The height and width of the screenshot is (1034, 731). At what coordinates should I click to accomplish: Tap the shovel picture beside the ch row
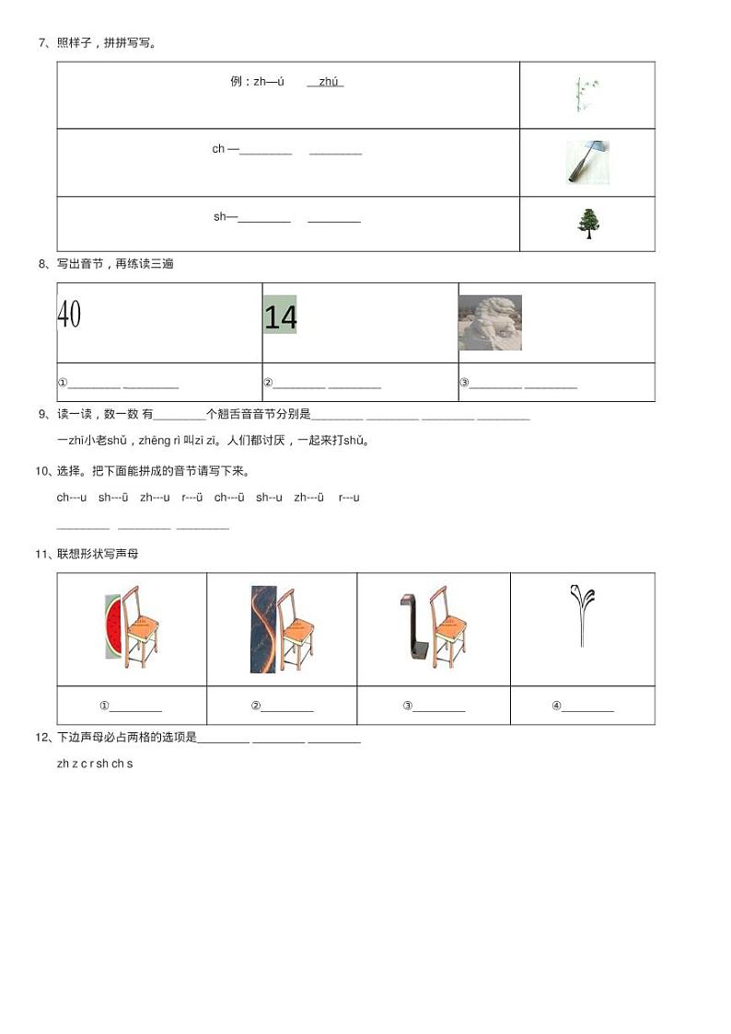586,162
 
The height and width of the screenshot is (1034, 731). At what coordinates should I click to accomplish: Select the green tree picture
586,224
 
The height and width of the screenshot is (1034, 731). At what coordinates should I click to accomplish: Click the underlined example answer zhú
329,82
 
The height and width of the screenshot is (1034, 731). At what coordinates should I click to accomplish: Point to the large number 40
69,315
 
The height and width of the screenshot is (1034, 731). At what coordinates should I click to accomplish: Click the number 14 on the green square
280,316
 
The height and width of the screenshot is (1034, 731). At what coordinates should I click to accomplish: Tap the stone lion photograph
490,323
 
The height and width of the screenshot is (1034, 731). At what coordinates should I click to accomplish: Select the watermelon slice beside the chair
112,626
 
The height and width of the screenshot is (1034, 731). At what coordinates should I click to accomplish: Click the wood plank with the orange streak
263,629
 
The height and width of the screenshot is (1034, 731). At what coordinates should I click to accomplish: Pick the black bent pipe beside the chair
412,626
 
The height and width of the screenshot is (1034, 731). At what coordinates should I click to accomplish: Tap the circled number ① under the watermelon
104,707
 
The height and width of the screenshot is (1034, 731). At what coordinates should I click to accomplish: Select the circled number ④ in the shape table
556,707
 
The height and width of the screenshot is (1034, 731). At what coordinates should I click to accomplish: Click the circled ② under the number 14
268,384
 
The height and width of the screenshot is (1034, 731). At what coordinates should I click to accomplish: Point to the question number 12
41,738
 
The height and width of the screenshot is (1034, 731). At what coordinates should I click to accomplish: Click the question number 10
41,471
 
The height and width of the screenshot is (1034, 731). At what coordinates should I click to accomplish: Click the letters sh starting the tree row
219,217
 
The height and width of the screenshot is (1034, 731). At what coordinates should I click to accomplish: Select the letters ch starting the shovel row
218,149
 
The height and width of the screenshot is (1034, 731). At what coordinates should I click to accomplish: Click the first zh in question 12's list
63,764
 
